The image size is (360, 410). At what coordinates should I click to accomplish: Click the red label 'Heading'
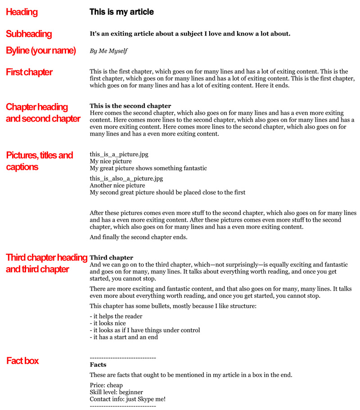[22, 12]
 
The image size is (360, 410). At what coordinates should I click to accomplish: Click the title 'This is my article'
[121, 12]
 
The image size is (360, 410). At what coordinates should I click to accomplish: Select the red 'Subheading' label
[29, 34]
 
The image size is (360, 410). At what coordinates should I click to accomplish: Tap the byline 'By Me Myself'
[108, 51]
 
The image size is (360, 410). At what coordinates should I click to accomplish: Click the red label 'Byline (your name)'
[40, 50]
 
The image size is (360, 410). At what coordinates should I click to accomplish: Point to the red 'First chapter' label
[29, 72]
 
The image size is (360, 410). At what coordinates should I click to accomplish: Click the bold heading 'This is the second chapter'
[130, 106]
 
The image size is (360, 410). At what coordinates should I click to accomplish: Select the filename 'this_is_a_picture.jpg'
[119, 155]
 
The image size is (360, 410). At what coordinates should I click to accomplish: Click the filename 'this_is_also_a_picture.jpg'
[126, 178]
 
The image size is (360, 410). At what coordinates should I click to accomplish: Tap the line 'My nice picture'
[111, 161]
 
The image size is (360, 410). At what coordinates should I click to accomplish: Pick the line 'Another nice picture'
[117, 185]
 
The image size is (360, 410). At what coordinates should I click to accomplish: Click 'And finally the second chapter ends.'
[138, 237]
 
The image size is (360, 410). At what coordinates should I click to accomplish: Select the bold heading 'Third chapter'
[111, 258]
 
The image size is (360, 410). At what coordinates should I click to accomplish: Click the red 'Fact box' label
[22, 360]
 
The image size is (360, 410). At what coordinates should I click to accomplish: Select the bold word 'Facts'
[98, 364]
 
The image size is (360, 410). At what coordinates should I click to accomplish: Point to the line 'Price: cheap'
[106, 385]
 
